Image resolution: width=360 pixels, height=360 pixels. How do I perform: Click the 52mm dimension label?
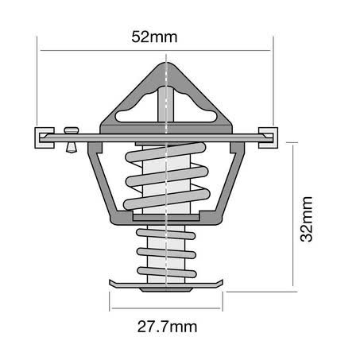point(154,37)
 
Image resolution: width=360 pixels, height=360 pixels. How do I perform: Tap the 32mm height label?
point(307,219)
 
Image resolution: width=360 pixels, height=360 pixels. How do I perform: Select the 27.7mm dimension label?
point(167,327)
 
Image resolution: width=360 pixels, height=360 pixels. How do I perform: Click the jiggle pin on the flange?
point(72,140)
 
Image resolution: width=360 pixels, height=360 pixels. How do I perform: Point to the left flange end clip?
point(45,137)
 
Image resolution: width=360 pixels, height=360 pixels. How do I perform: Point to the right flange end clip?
point(268,137)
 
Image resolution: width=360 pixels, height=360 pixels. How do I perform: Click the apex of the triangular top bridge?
point(166,63)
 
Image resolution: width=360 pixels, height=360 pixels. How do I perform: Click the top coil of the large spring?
point(165,152)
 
